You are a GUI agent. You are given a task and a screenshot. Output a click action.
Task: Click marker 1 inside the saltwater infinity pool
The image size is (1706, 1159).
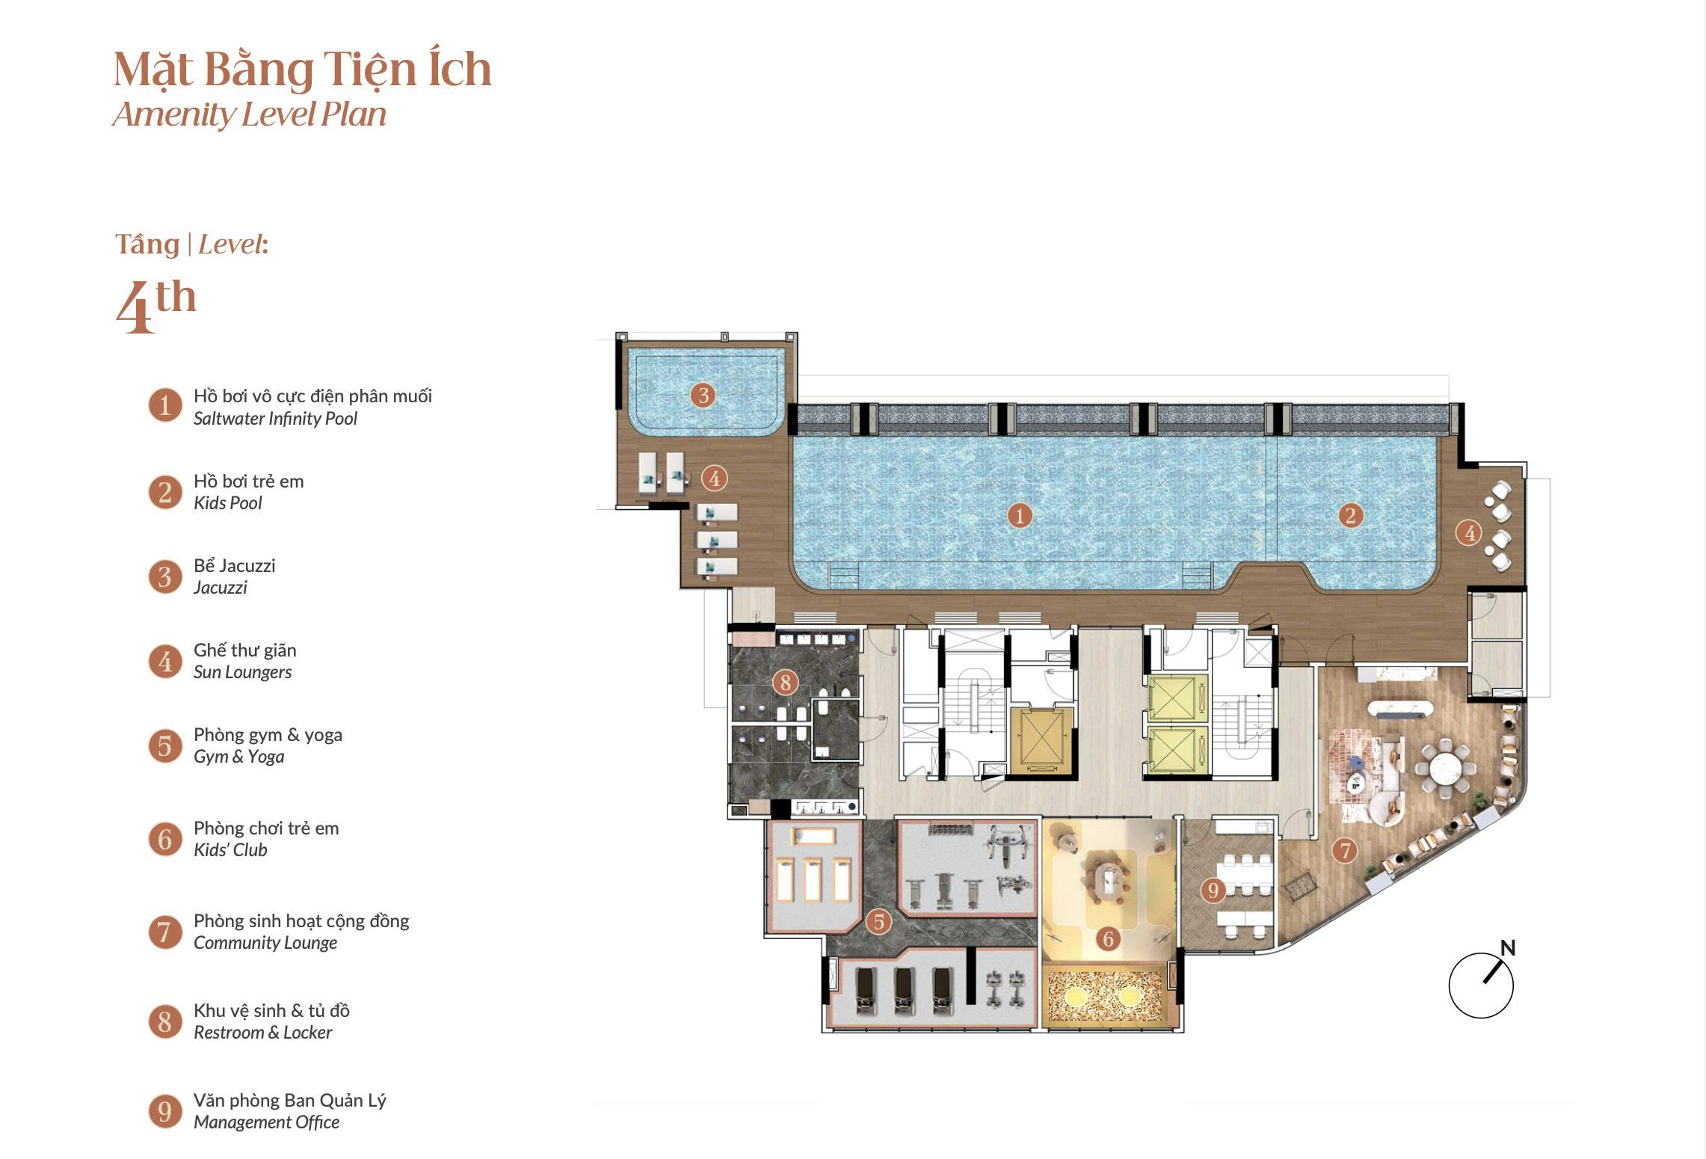coord(1020,515)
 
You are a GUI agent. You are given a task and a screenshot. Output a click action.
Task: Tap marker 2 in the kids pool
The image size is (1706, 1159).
coord(1350,515)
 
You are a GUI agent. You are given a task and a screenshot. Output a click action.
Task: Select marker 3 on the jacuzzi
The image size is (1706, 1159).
coord(703,395)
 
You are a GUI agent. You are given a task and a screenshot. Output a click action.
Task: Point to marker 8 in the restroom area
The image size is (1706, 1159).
coord(785,682)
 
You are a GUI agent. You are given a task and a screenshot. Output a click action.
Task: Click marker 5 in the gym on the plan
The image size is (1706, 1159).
coord(879,922)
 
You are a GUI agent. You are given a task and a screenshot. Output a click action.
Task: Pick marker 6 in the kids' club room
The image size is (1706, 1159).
coord(1108,938)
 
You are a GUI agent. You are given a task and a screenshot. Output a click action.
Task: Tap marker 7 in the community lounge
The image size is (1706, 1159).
coord(1345,850)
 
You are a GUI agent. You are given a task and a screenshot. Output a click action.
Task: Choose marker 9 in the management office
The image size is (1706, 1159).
coord(1213,890)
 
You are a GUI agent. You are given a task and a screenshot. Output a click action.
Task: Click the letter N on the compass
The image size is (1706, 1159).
coord(1508,948)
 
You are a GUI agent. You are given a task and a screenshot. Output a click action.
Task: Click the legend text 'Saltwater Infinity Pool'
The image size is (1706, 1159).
coord(275,419)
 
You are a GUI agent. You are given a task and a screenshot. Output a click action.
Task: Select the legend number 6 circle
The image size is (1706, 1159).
coord(165,839)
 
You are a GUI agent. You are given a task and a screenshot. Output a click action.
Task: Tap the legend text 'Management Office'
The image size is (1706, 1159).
coord(266,1122)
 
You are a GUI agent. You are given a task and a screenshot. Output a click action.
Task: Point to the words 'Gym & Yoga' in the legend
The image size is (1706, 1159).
coord(238,757)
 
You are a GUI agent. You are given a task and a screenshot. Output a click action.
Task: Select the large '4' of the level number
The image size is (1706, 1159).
coord(135,307)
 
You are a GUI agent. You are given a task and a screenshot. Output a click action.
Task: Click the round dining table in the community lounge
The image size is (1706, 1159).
coord(1445,767)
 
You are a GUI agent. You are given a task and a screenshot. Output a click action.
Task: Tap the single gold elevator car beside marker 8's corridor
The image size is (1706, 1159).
coord(1041,741)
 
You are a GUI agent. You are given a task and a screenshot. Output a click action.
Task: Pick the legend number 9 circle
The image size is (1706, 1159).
coord(165,1111)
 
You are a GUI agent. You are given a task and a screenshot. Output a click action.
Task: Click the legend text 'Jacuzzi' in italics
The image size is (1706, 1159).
coord(220,588)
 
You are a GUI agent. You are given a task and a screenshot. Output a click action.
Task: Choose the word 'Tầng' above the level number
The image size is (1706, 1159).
coord(147,245)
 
